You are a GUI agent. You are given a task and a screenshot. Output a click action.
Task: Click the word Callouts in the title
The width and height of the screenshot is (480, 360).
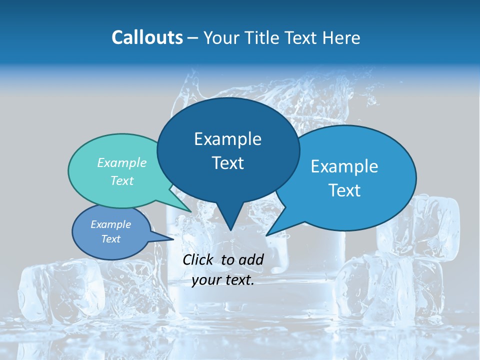click(x=147, y=37)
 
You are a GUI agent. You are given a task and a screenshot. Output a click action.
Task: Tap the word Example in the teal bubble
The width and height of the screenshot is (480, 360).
click(x=122, y=162)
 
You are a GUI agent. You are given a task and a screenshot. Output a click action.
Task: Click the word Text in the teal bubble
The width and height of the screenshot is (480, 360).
click(x=122, y=180)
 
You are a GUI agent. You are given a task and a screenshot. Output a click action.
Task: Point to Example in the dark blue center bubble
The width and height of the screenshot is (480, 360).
click(x=227, y=139)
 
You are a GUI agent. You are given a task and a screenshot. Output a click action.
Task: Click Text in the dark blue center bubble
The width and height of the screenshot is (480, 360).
click(x=227, y=163)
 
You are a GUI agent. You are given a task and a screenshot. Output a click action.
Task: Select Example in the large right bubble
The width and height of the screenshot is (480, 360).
click(x=344, y=166)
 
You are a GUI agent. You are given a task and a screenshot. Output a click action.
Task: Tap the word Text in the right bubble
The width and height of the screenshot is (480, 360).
click(x=344, y=190)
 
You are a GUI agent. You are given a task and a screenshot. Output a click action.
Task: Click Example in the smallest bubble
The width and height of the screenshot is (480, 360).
click(x=110, y=224)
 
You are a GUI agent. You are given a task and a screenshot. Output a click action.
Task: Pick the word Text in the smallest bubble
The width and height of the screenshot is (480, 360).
click(x=110, y=239)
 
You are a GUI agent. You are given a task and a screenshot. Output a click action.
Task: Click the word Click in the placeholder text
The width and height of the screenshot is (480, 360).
click(x=198, y=259)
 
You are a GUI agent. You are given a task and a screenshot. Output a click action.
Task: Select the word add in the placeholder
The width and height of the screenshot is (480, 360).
click(x=250, y=259)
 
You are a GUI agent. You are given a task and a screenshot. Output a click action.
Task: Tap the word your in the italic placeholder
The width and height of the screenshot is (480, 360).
click(x=206, y=280)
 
